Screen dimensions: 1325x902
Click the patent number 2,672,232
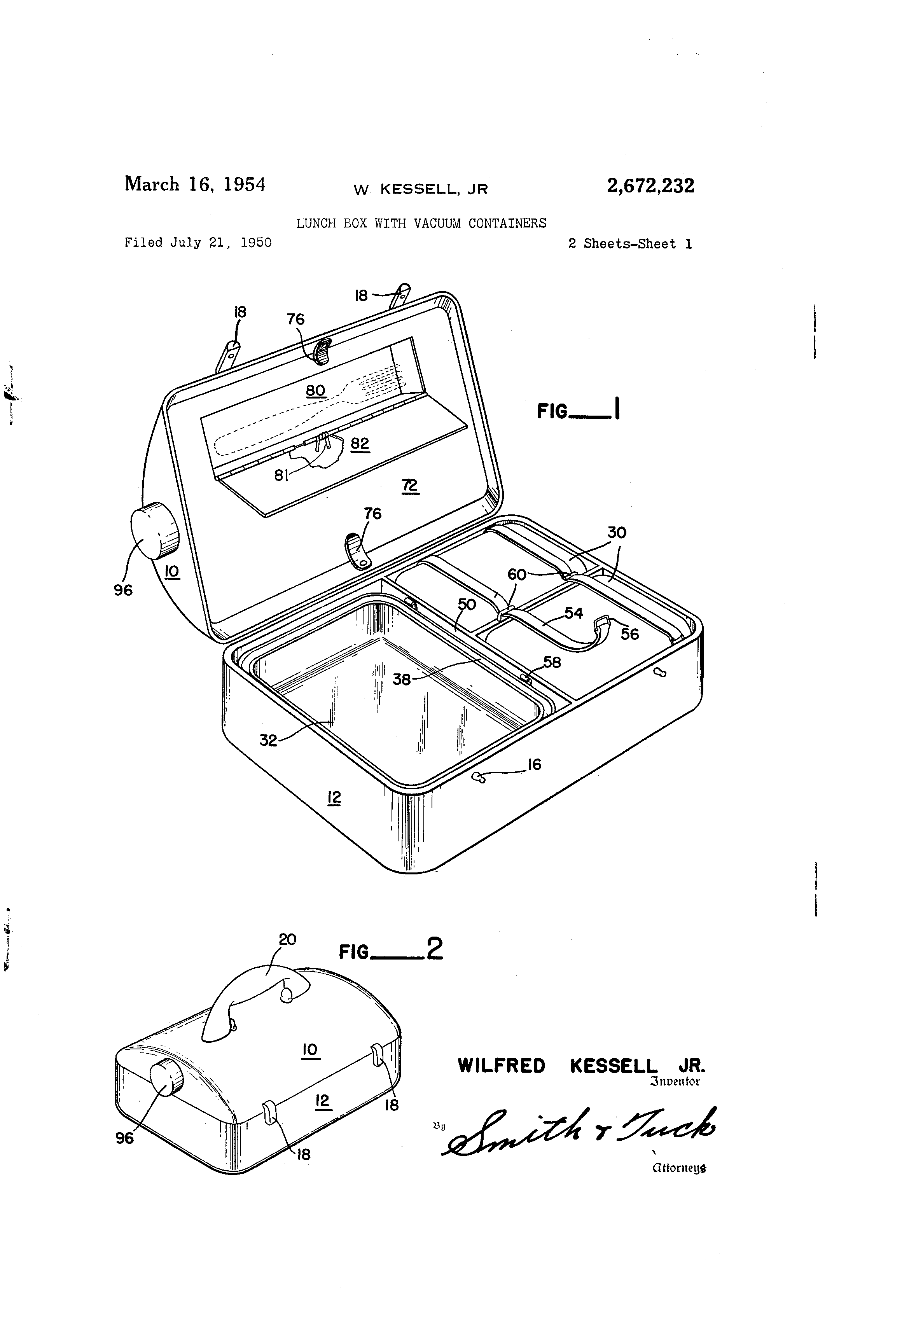tap(650, 186)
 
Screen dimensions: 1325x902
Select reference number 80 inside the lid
tap(315, 391)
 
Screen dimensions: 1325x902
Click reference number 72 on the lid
tap(409, 485)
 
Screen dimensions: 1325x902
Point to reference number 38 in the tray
tap(401, 679)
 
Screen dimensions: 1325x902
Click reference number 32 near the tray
tap(267, 740)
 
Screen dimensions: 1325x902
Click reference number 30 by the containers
tap(616, 533)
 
